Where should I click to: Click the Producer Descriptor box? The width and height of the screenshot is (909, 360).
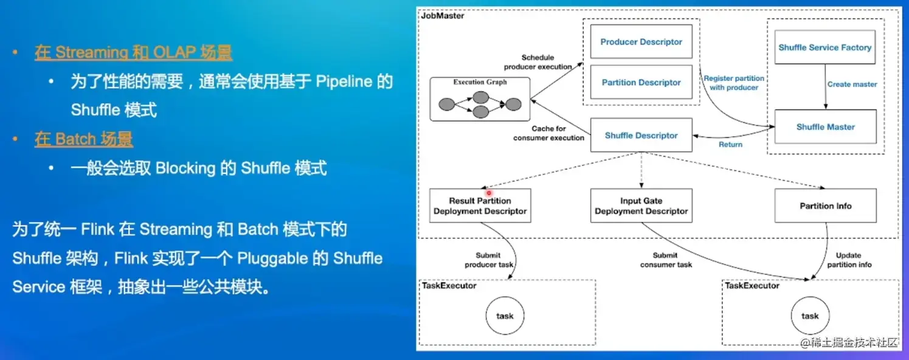pos(641,42)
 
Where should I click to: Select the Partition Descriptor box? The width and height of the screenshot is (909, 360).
pos(641,82)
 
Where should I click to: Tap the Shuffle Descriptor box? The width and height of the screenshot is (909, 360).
pos(641,135)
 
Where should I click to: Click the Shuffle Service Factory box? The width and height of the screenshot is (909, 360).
pos(824,47)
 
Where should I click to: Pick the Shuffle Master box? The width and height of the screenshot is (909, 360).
pos(825,126)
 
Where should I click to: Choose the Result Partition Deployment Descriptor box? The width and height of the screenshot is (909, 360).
pos(480,206)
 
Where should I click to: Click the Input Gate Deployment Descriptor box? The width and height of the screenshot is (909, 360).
pos(641,206)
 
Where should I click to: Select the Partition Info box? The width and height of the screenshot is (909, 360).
pos(825,206)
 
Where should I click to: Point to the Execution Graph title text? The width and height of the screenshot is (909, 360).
pos(480,81)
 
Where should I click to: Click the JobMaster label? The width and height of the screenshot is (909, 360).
pos(442,16)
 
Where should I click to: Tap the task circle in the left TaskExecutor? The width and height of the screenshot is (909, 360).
pos(505,316)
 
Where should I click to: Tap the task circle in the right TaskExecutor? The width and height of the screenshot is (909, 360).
pos(810,316)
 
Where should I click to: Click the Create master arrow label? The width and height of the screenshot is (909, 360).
pos(852,84)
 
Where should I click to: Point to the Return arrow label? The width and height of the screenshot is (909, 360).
pos(730,145)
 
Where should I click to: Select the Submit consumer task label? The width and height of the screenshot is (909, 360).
pos(666,260)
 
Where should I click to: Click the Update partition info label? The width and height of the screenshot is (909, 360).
pos(849,260)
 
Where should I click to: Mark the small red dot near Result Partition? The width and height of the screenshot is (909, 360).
pos(488,192)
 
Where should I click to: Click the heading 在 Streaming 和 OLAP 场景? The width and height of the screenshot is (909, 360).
pos(133,52)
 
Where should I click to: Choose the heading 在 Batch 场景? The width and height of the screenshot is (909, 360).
pos(84,139)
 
